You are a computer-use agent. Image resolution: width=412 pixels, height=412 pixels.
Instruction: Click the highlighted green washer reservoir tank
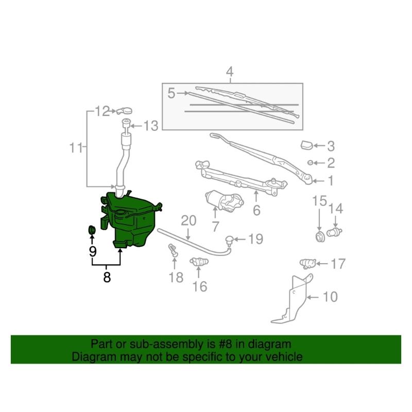[131, 219]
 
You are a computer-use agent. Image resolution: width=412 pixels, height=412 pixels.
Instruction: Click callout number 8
[107, 277]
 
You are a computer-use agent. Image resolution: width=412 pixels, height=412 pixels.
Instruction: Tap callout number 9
[93, 251]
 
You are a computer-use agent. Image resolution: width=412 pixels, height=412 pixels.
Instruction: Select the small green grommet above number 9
[92, 229]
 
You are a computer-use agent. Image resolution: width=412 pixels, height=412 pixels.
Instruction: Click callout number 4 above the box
[230, 72]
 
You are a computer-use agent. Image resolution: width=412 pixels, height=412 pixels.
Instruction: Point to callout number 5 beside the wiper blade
[171, 93]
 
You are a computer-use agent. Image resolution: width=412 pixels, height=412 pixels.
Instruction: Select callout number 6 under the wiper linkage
[256, 210]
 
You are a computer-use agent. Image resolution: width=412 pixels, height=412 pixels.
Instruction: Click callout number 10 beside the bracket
[330, 297]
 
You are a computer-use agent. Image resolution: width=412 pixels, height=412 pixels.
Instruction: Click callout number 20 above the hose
[188, 220]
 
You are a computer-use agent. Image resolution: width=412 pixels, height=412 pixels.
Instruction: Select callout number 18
[176, 278]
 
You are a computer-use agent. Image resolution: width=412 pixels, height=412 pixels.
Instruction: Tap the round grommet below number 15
[320, 236]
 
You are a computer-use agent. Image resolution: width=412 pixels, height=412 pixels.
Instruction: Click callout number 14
[336, 209]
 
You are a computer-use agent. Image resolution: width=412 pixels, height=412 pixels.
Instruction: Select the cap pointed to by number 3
[306, 145]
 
